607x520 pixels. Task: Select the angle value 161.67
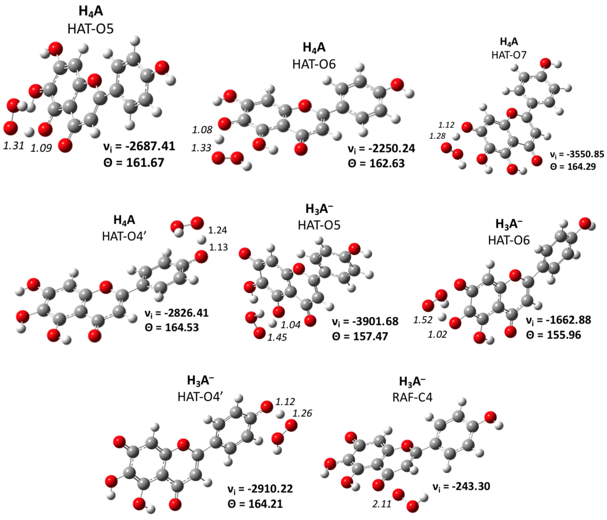tap(145, 163)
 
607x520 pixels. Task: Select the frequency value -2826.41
tap(187, 313)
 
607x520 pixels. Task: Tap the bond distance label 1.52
tap(423, 320)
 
